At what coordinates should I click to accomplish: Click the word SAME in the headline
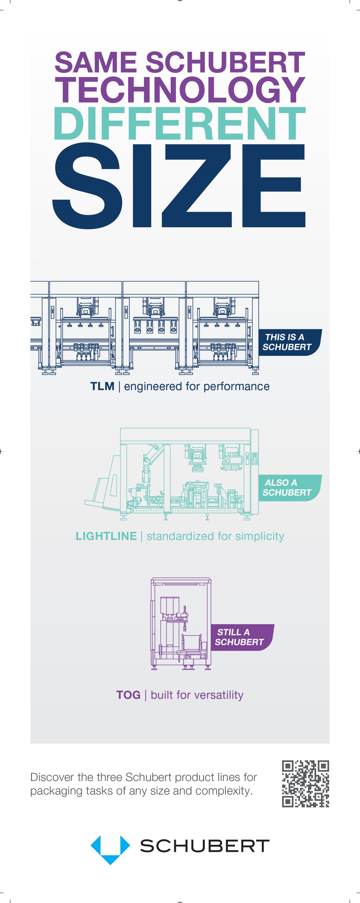tap(95, 62)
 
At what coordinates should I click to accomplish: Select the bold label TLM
tap(102, 386)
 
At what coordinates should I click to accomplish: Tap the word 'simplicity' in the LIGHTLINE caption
tap(259, 536)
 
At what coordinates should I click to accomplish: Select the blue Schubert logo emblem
tap(110, 848)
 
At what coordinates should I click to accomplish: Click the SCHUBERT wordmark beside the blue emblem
tap(205, 846)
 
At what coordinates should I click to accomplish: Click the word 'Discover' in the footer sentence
tap(52, 777)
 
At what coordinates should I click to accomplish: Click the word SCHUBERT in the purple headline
tap(225, 62)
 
